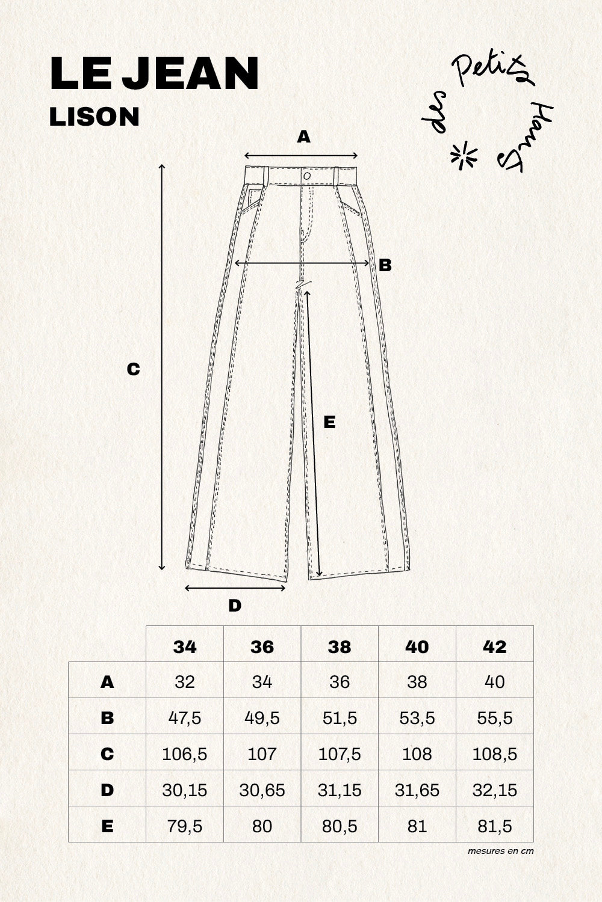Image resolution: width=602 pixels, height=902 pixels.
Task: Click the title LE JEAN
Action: pos(154,75)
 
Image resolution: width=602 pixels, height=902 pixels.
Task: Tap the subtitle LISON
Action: pos(95,117)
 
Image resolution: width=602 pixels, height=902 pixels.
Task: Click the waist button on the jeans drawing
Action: pos(307,176)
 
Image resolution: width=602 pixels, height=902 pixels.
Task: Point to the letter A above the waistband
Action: pos(304,137)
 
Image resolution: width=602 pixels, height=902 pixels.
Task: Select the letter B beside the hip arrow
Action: pos(385,265)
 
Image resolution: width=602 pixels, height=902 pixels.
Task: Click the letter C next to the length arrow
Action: pos(133,369)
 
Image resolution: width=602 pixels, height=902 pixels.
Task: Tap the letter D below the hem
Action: pos(235,606)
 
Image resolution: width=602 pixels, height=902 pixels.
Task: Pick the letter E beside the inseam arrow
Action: pos(329,423)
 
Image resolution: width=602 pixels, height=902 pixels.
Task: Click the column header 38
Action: pos(340,646)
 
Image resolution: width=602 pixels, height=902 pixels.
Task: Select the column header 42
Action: pos(494,646)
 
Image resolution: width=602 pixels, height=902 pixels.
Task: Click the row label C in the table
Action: pos(107,753)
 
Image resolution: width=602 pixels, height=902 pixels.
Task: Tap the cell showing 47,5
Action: pos(185,718)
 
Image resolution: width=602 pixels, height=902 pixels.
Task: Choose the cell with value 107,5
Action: pos(340,753)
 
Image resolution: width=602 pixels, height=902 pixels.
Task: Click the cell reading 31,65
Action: pos(417,790)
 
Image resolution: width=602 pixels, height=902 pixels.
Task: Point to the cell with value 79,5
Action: pos(185,826)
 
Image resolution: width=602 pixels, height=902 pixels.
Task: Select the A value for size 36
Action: pos(262,682)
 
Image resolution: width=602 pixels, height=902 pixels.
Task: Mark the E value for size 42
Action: pos(494,826)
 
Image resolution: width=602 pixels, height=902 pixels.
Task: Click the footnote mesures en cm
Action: pos(500,851)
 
